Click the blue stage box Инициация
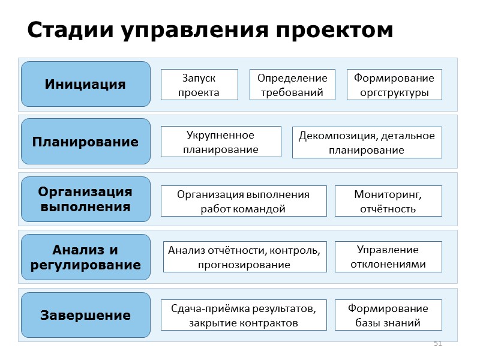pos(85,84)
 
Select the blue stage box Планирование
pos(85,142)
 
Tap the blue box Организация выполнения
pos(85,199)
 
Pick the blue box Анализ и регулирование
pos(85,257)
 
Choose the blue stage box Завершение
pos(85,315)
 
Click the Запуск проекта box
pos(199,85)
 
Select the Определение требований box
pos(292,85)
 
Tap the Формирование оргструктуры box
pos(394,85)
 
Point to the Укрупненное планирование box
pos(221,142)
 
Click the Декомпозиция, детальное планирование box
pos(367,142)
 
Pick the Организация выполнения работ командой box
pos(244,201)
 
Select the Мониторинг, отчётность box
pos(388,201)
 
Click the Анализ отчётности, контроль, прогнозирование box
pos(245,257)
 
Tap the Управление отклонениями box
pos(388,257)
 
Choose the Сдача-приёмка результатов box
pos(244,315)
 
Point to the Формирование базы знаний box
pos(388,315)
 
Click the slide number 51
pos(437,343)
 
